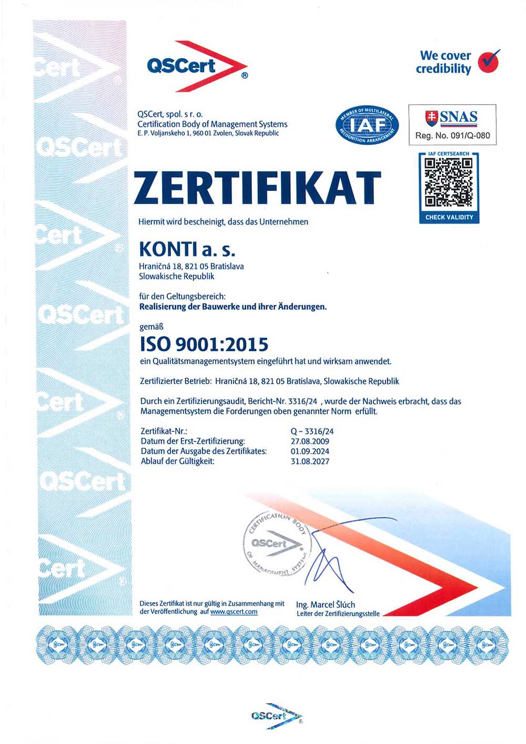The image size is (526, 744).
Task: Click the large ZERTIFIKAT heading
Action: pos(257,188)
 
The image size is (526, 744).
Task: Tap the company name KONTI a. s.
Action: pos(187,248)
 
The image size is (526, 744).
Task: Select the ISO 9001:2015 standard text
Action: pos(204,344)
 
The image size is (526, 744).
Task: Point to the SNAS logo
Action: pos(452,117)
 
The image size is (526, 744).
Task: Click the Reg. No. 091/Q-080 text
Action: pos(452,136)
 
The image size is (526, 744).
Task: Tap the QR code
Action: pos(449,182)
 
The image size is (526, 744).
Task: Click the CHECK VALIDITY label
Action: pos(449,217)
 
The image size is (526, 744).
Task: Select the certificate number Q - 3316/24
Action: pos(312,431)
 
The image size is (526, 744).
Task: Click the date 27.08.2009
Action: pos(310,441)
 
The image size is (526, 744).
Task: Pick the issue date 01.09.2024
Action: pos(310,451)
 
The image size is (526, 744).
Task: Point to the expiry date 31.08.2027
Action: pos(310,461)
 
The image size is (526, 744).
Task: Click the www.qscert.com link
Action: pos(234,611)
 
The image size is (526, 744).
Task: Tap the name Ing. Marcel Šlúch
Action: pos(326,605)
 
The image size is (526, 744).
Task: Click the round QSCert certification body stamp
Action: pos(276,544)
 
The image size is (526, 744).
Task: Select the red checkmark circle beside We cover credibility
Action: pos(489,62)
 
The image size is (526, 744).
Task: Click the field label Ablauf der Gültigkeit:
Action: pos(177,461)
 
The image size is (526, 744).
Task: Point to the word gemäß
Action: pos(151,327)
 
